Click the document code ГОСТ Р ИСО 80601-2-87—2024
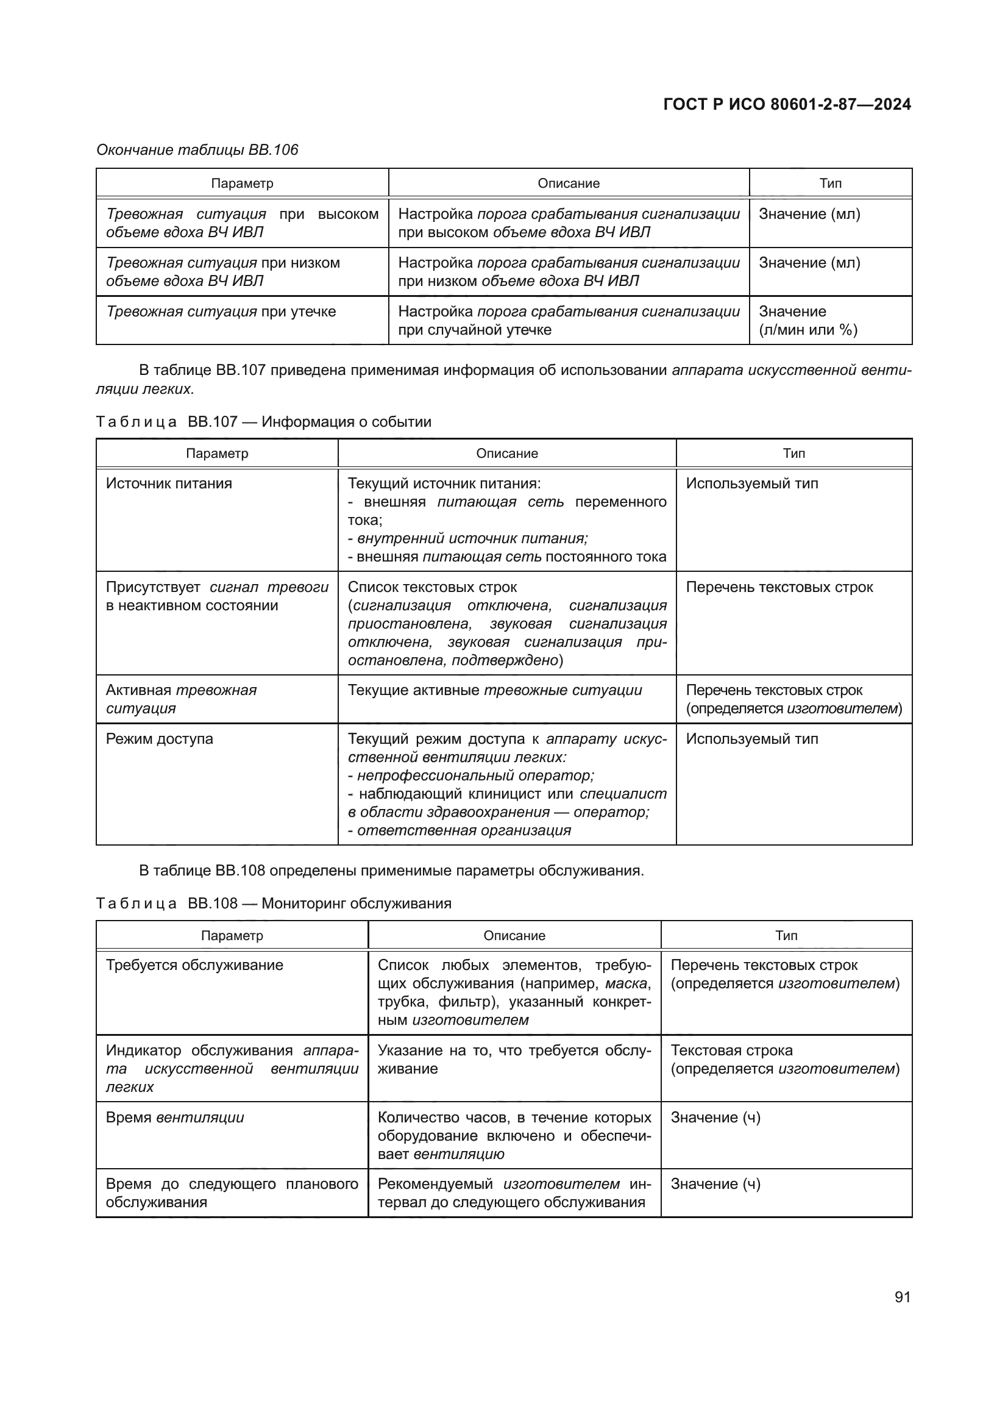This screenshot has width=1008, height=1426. coord(786,104)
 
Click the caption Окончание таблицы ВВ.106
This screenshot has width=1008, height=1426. coord(197,150)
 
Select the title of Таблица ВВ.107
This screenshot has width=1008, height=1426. coord(264,422)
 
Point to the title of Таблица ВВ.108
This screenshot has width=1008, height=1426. coord(274,903)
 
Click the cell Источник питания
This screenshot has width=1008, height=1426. coord(169,483)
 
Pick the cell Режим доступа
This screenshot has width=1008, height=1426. coord(160,738)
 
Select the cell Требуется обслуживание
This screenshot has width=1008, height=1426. coord(194,964)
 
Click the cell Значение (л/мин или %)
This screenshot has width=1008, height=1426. coord(807,321)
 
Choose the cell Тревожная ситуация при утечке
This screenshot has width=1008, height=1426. coord(221,311)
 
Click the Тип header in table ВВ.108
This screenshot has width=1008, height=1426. coord(786,935)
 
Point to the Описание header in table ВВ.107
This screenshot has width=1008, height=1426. coord(506,454)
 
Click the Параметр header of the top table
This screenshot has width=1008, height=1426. coord(242,184)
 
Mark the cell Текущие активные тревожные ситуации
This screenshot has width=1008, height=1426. coord(495,690)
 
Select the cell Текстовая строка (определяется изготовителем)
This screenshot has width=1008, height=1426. coord(784,1059)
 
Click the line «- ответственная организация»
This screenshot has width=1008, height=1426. coord(460,830)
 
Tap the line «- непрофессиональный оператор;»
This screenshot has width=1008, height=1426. coord(471,775)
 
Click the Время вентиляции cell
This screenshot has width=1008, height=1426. coord(175,1118)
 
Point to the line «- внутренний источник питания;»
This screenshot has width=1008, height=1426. coord(468,538)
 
